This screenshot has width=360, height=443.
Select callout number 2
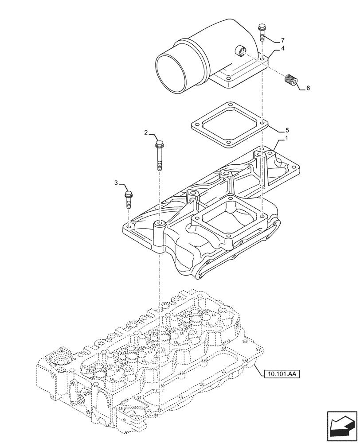pyautogui.click(x=146, y=132)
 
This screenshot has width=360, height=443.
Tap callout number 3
pyautogui.click(x=116, y=183)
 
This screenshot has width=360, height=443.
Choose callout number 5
pyautogui.click(x=287, y=130)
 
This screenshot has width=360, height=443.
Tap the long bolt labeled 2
pyautogui.click(x=159, y=155)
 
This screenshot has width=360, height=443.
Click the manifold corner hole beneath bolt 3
pyautogui.click(x=129, y=227)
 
